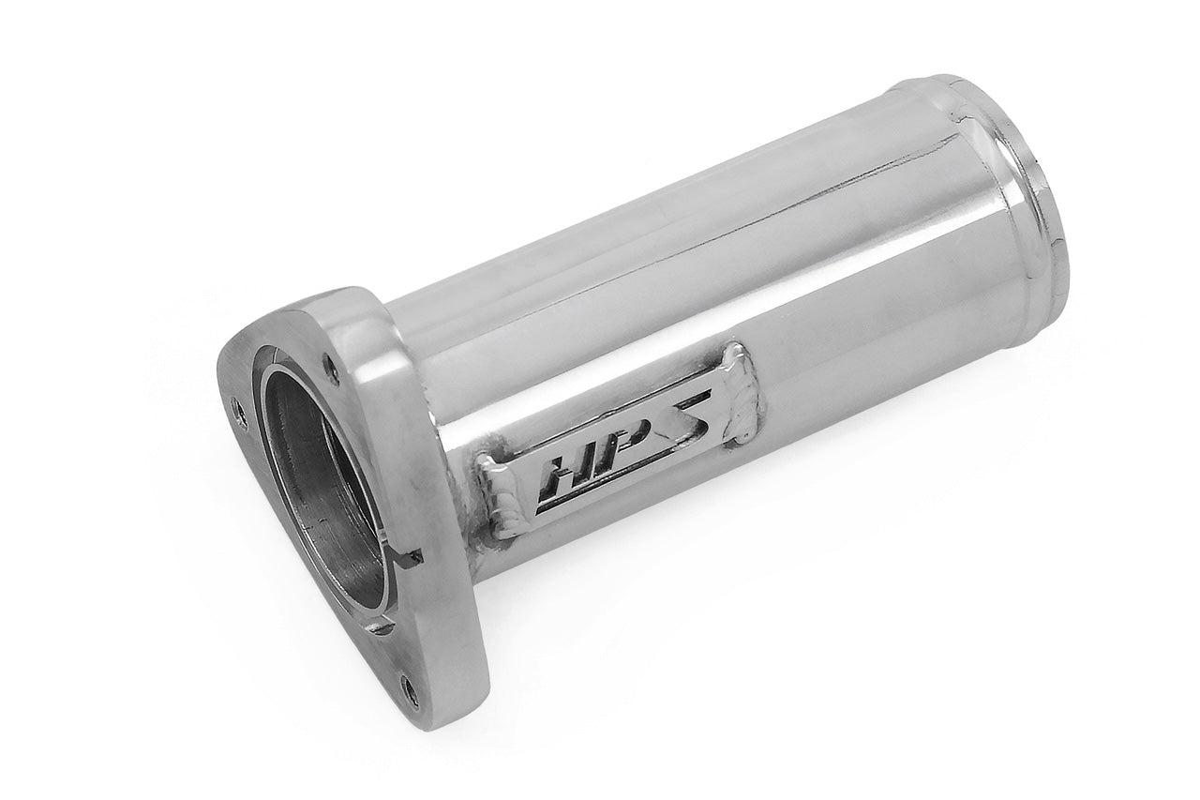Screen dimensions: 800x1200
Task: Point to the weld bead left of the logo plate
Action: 497,497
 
